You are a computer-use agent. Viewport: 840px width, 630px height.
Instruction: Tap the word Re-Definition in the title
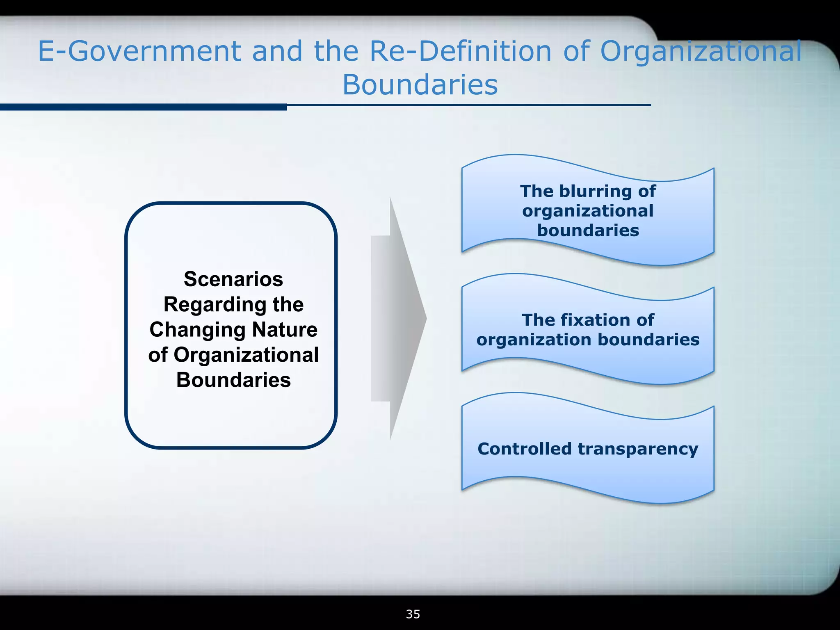(461, 51)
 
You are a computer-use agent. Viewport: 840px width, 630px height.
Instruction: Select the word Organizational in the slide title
(701, 52)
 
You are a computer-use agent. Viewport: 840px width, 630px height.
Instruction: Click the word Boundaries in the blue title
(420, 85)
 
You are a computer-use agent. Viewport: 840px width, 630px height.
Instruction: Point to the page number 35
(413, 614)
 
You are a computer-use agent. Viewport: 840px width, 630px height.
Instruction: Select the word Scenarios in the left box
(233, 279)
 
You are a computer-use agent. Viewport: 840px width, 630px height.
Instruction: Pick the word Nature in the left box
(285, 330)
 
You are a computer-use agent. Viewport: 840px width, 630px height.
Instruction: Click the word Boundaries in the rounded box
(233, 380)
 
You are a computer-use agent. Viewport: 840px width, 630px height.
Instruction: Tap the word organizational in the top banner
(588, 211)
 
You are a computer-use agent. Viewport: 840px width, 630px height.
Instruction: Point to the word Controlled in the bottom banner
(525, 449)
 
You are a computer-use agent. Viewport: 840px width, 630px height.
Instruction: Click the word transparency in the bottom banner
(638, 450)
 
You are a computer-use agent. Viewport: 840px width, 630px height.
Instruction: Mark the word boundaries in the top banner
(588, 231)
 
